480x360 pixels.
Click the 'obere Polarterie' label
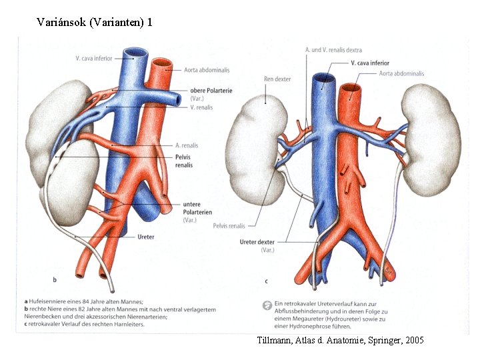211,91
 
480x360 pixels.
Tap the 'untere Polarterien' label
201,208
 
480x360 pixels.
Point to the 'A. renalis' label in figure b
187,145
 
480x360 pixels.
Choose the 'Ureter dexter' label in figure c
257,241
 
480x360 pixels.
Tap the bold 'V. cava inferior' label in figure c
370,63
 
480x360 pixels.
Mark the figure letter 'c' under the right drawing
266,281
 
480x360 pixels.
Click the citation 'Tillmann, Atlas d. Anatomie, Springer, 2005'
340,340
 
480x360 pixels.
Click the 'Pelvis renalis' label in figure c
229,226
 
